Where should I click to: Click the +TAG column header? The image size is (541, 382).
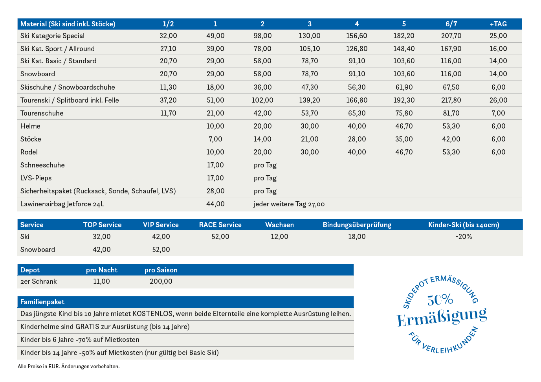click(498, 24)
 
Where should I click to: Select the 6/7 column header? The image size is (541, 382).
click(451, 24)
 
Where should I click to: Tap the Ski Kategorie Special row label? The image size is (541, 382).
click(52, 36)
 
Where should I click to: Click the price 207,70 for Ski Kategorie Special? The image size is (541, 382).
click(451, 36)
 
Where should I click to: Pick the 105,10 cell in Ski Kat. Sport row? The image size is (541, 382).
click(310, 49)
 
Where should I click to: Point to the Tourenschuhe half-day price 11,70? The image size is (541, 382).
click(168, 113)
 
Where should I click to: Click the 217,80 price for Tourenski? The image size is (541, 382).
click(451, 100)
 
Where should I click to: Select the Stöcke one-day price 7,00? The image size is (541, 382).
click(215, 139)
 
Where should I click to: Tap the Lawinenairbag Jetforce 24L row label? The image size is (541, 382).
click(62, 204)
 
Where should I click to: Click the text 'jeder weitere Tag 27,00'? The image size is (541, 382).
click(289, 204)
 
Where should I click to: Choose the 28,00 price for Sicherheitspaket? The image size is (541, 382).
click(215, 191)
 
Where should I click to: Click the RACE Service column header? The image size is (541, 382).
click(220, 225)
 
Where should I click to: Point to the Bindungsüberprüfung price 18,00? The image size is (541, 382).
click(357, 236)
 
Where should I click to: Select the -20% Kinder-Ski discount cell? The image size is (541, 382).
click(464, 236)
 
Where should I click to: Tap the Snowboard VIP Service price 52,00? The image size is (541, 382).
click(161, 249)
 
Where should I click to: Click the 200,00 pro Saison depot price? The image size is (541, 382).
click(161, 281)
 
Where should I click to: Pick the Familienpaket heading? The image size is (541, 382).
click(42, 302)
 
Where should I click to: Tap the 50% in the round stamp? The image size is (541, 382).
click(440, 300)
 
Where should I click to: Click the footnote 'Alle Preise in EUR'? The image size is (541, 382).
click(39, 366)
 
